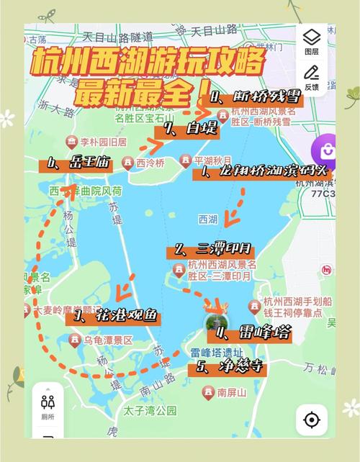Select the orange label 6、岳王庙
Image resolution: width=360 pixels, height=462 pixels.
point(76,164)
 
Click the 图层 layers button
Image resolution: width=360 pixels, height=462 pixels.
point(311,42)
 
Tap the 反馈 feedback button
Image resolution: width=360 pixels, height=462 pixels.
point(311,77)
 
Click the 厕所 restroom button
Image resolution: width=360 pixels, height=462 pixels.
point(48,407)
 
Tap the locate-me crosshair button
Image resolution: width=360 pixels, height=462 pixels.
point(311,420)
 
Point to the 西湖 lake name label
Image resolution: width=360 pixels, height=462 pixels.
point(207,219)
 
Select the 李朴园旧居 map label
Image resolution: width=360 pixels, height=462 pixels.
point(96,141)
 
